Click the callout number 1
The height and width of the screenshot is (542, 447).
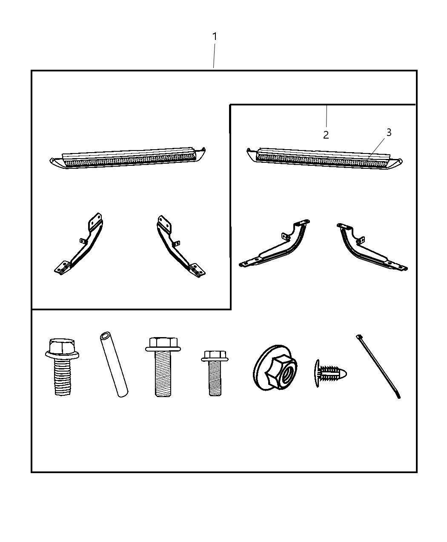click(x=215, y=37)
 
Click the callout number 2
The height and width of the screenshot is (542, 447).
click(x=326, y=135)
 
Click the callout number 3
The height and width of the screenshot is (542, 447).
click(x=388, y=133)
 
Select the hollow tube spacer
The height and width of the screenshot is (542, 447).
click(x=114, y=365)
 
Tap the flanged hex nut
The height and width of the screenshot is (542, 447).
click(x=275, y=368)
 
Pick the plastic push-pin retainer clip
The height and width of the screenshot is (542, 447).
click(x=330, y=374)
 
